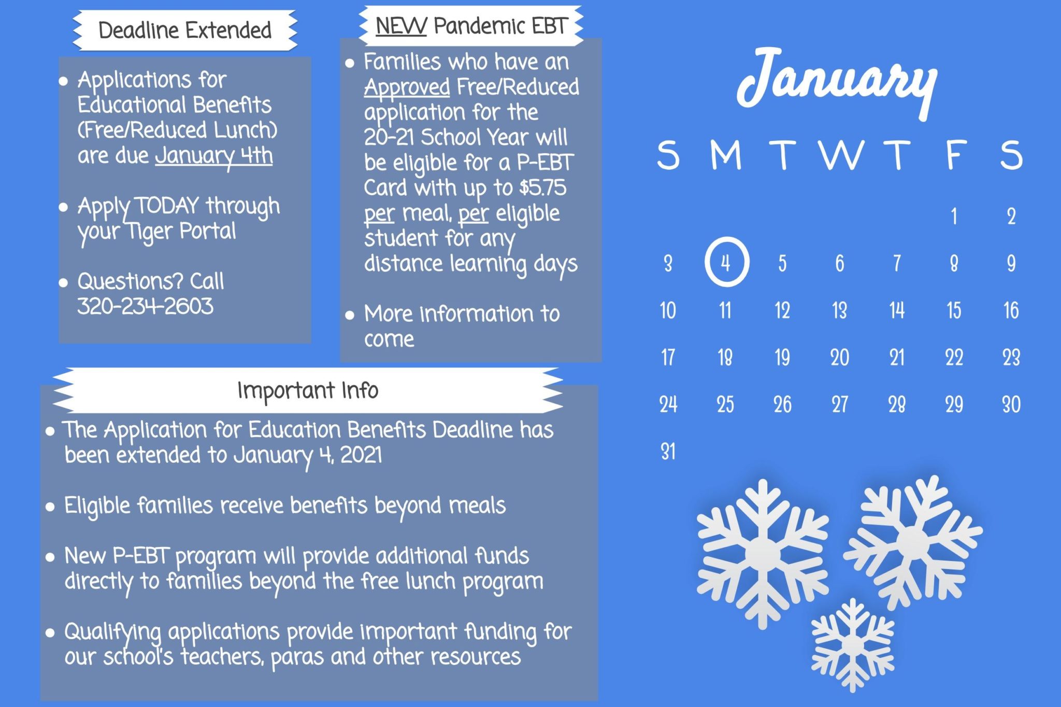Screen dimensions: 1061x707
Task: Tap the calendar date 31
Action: click(668, 451)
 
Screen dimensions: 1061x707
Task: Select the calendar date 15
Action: click(954, 310)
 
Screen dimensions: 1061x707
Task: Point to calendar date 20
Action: click(839, 357)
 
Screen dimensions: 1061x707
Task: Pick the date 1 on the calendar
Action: click(954, 216)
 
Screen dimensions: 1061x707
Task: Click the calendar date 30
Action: click(1011, 405)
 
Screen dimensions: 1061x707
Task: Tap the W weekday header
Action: click(840, 154)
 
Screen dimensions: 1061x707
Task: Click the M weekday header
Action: click(726, 154)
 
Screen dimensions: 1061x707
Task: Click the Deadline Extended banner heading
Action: click(185, 30)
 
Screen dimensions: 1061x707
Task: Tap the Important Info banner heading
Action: click(308, 391)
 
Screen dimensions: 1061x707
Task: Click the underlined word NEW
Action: click(401, 26)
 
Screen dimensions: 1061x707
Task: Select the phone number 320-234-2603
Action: click(145, 306)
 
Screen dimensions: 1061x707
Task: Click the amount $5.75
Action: click(543, 187)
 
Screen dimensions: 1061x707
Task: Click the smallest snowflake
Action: click(852, 645)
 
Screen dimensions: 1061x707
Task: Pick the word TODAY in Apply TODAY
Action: click(167, 206)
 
